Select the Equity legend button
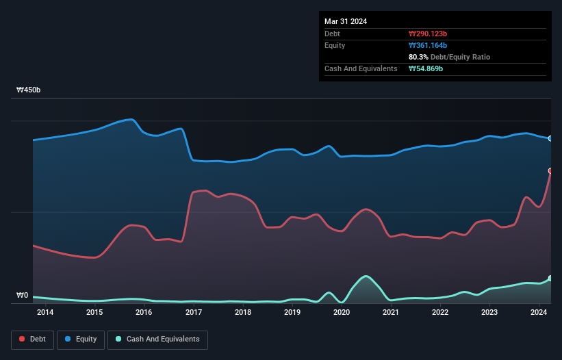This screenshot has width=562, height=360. pyautogui.click(x=81, y=339)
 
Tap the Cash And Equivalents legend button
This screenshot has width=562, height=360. pyautogui.click(x=157, y=339)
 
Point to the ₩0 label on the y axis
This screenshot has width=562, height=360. pyautogui.click(x=23, y=296)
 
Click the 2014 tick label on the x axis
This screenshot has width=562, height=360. pyautogui.click(x=45, y=313)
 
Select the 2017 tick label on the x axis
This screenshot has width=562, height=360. pyautogui.click(x=194, y=313)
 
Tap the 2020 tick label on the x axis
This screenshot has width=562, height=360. pyautogui.click(x=342, y=313)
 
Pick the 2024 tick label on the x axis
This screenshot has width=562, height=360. pyautogui.click(x=539, y=313)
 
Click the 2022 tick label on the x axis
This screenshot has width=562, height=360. pyautogui.click(x=440, y=313)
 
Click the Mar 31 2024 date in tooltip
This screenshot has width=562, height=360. pyautogui.click(x=346, y=21)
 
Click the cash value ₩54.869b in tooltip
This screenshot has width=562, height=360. pyautogui.click(x=429, y=68)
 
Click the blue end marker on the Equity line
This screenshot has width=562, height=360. pyautogui.click(x=550, y=138)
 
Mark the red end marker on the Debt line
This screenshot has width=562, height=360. pyautogui.click(x=550, y=170)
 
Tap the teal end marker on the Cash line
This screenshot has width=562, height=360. pyautogui.click(x=550, y=279)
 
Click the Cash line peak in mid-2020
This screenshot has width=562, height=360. pyautogui.click(x=366, y=276)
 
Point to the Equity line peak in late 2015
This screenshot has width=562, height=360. pyautogui.click(x=131, y=119)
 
